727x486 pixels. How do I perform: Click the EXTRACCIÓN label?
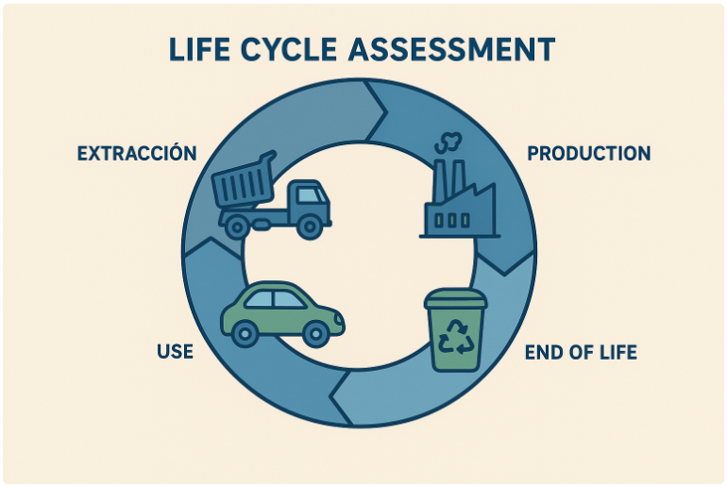(137, 153)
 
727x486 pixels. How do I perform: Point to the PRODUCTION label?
(588, 153)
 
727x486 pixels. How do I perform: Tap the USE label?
(175, 352)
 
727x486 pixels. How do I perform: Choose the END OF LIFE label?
(581, 353)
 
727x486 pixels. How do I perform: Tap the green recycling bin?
(456, 329)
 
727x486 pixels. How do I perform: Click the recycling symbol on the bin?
(457, 337)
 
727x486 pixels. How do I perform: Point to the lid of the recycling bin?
(456, 299)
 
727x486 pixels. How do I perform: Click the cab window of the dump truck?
(313, 197)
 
